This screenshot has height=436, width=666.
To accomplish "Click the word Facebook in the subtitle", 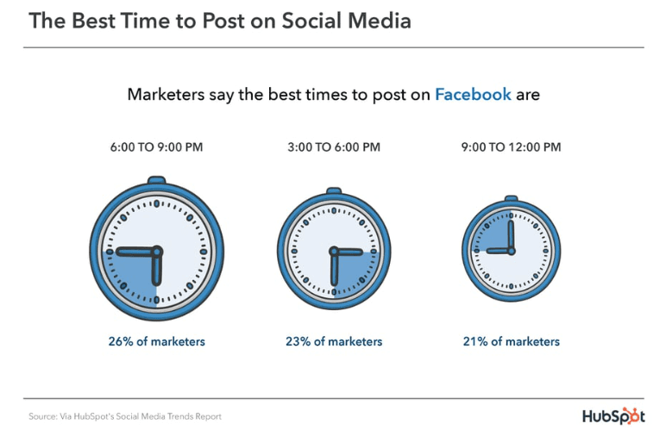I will [x=473, y=94].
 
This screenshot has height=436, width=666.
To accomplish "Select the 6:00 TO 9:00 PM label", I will [x=156, y=147].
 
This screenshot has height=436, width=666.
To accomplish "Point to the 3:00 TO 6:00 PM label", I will [x=334, y=147].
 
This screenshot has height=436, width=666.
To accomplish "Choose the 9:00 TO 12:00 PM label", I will [x=511, y=147].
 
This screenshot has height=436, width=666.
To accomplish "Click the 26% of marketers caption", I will [x=156, y=341].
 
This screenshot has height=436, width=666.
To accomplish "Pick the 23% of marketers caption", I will [x=334, y=341].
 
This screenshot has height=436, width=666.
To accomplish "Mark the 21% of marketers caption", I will [x=511, y=341].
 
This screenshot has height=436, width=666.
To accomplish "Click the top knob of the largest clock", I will [x=156, y=180].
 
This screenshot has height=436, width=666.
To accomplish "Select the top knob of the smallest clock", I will [x=511, y=201].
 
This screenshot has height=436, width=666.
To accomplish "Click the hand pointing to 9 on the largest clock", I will [x=136, y=251].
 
